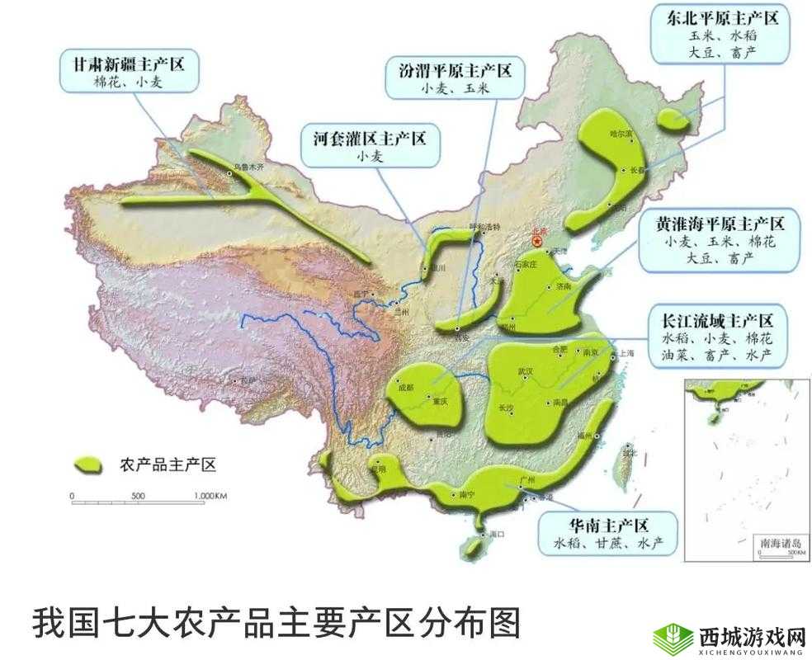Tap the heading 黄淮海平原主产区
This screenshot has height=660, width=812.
[719, 224]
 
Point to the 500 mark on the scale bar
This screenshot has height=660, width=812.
[138, 496]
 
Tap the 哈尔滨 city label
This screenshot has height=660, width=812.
[620, 133]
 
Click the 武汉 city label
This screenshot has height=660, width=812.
[525, 371]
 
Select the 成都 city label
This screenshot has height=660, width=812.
[404, 387]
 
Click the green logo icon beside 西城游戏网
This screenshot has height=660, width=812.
[673, 638]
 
